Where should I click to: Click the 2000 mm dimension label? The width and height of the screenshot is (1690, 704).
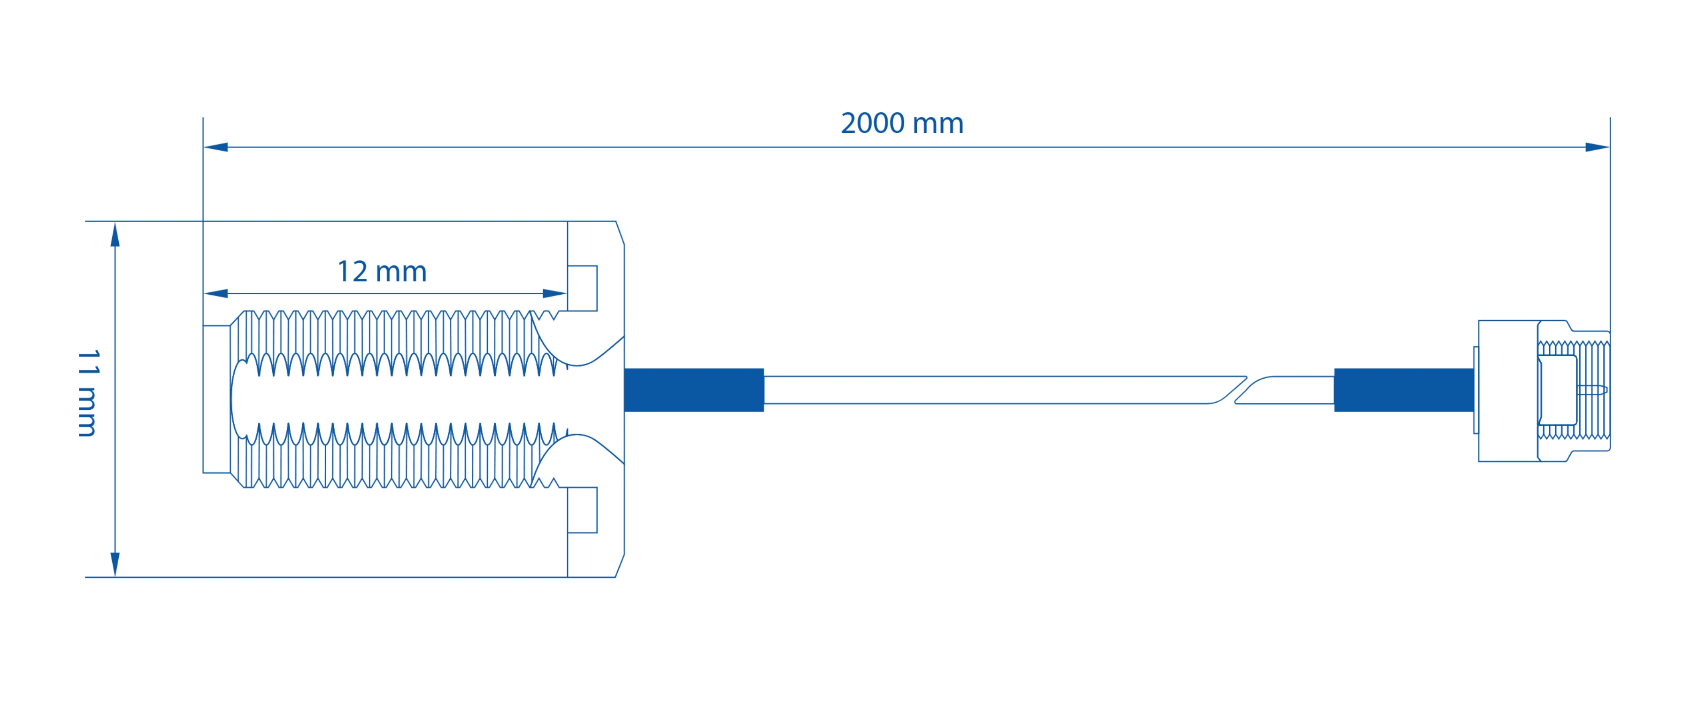coord(902,123)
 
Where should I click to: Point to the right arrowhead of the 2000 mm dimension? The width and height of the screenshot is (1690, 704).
coord(1597,147)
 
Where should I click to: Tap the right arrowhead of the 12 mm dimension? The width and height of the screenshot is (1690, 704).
coord(554,293)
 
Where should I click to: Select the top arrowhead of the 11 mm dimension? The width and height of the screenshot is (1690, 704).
coord(115,235)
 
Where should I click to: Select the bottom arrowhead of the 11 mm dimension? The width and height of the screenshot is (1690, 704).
coord(115,564)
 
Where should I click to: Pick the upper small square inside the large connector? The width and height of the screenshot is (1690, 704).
coord(582,288)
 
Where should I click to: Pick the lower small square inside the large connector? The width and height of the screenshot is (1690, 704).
coord(582,510)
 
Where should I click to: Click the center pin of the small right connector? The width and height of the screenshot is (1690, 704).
coord(1592,390)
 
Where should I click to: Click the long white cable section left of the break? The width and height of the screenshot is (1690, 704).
coord(984,390)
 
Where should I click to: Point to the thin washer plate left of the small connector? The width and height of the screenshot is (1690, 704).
coord(1476,390)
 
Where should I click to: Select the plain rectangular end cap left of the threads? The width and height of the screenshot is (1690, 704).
coord(216,399)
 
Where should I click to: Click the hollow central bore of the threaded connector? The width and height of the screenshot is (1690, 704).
coord(394,399)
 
